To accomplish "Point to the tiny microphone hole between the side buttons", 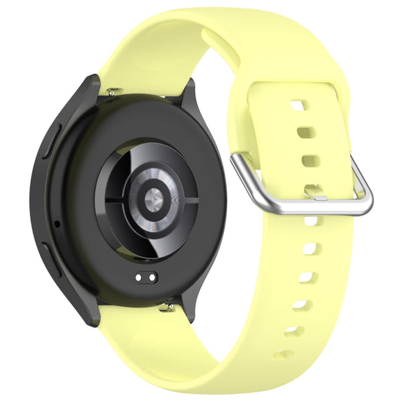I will pos(57,224).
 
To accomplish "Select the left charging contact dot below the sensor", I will pos(140,277).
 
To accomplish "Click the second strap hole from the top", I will pos(305,133).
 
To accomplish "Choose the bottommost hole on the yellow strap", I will pos(284,354).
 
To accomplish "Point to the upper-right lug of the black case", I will pos(188,94).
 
